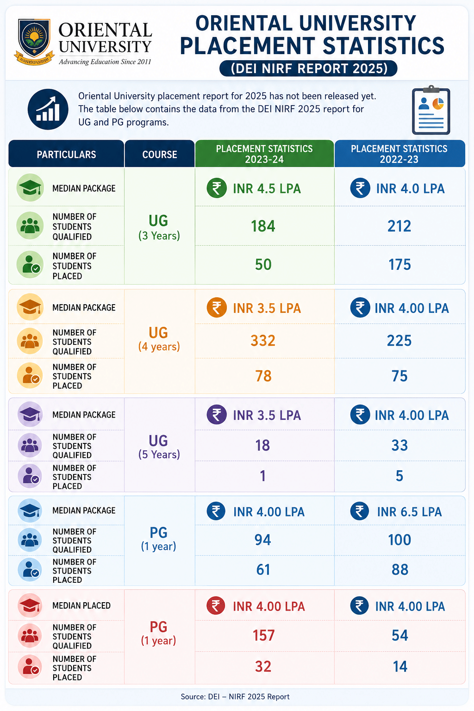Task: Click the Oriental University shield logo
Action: (34, 42)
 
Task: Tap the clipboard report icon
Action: (431, 110)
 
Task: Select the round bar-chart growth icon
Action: (48, 109)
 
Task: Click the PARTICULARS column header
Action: (66, 154)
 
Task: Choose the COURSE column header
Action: (160, 154)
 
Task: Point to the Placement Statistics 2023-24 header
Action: (264, 154)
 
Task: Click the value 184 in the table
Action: (263, 226)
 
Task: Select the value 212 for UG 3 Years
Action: (399, 226)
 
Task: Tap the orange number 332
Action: (263, 341)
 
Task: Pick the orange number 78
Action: (263, 376)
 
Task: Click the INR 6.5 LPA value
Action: (409, 511)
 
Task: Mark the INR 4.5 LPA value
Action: (267, 188)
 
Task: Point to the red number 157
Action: (263, 636)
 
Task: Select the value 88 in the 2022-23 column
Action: (400, 569)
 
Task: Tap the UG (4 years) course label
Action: (159, 339)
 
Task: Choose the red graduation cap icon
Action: (30, 605)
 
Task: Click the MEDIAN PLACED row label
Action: (81, 605)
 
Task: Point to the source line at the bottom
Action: (235, 696)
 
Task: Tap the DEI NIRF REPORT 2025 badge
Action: (308, 69)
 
